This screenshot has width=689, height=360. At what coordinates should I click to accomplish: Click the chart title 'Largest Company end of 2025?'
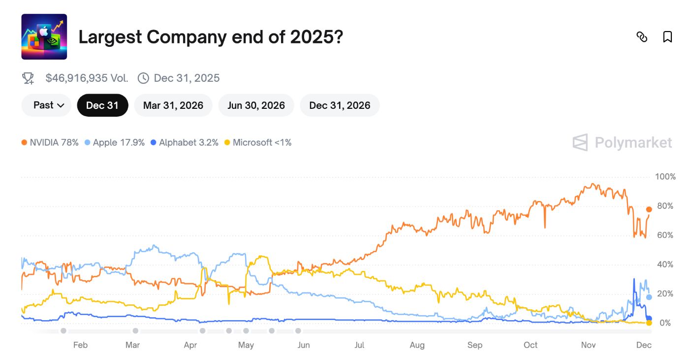[211, 37]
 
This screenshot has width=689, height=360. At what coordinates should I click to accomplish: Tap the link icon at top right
[642, 37]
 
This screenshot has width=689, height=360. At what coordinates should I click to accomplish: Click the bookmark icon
[667, 37]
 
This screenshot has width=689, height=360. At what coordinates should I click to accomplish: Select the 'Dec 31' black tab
[102, 105]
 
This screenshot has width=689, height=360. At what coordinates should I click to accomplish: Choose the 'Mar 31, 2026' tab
[173, 105]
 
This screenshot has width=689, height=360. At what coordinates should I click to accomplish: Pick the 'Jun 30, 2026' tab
[256, 105]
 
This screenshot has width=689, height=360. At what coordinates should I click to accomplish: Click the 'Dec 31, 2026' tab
[340, 105]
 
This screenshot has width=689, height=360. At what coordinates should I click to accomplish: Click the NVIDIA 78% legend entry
[50, 143]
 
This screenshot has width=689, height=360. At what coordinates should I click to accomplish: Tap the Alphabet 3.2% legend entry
[185, 143]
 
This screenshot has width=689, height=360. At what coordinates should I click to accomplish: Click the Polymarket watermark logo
[622, 143]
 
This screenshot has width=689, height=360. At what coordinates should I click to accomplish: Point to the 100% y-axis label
[665, 177]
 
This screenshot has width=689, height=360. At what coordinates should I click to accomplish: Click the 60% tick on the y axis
[664, 235]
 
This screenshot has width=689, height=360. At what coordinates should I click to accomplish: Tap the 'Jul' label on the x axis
[359, 345]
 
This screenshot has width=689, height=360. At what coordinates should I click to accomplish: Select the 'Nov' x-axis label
[588, 345]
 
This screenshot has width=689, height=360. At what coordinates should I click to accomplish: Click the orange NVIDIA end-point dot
[649, 209]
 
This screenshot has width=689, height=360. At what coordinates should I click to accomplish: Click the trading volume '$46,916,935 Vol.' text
[87, 78]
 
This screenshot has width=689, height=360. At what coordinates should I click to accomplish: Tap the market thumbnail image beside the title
[44, 37]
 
